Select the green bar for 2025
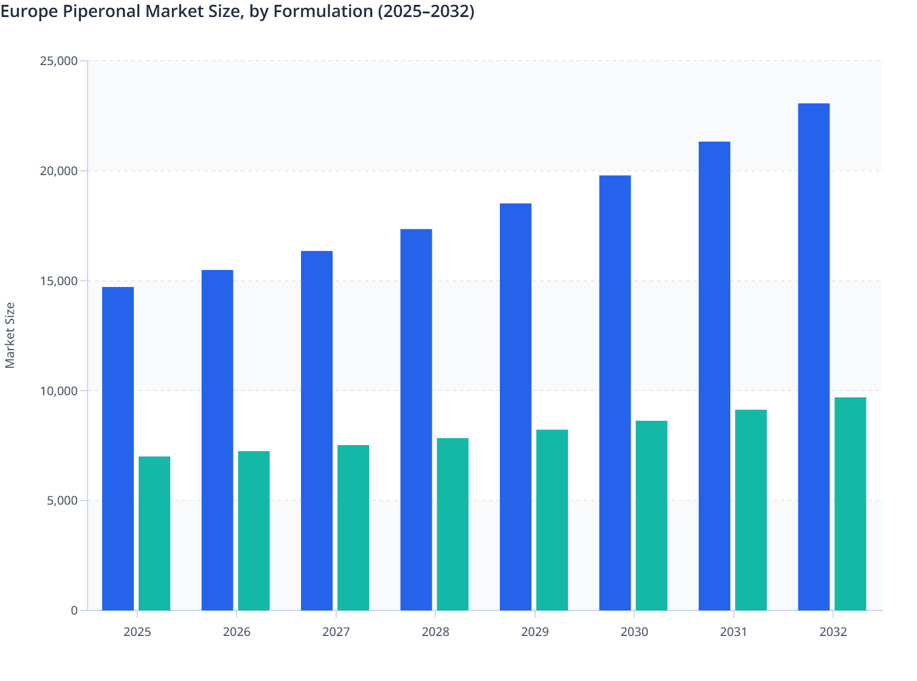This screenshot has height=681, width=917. [x=154, y=533]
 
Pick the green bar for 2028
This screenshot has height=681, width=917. [x=452, y=524]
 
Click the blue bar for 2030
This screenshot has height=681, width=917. [x=615, y=393]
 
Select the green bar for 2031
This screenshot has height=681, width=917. [x=751, y=510]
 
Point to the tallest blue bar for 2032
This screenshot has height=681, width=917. [x=814, y=357]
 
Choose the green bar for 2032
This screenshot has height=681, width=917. [x=850, y=504]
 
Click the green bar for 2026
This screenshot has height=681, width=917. [x=254, y=531]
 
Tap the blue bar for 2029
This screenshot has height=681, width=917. [x=516, y=407]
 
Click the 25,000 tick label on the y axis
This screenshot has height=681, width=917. [x=58, y=61]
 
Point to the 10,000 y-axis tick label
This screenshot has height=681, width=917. [x=58, y=391]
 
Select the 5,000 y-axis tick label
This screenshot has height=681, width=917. [x=61, y=501]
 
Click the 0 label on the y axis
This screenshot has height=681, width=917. [x=74, y=610]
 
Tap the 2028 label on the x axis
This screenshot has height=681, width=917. [x=435, y=632]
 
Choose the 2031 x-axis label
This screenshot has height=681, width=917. [x=733, y=632]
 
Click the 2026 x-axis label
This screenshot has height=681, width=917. [x=237, y=632]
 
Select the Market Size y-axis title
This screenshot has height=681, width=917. [x=10, y=335]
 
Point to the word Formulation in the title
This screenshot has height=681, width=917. [x=322, y=12]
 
